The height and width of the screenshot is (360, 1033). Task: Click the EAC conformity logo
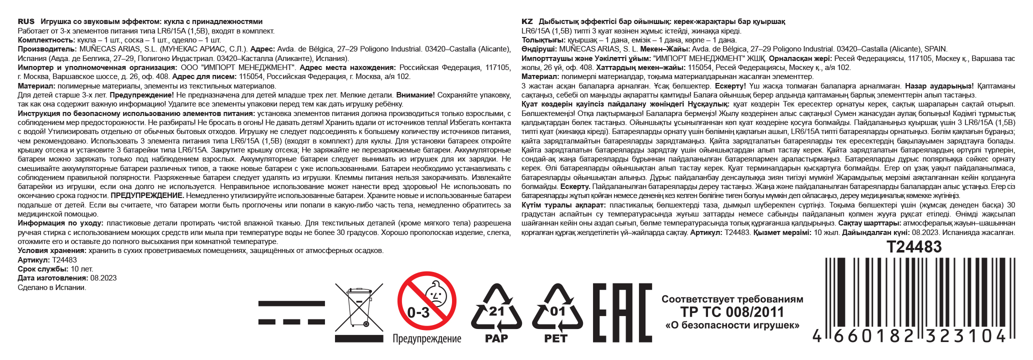click(x=622, y=312)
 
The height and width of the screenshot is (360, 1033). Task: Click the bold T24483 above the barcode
click(x=914, y=247)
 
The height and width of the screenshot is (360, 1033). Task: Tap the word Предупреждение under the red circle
click(x=426, y=339)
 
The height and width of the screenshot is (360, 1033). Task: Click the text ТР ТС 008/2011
click(x=732, y=312)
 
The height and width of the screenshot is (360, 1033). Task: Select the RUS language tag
click(x=26, y=21)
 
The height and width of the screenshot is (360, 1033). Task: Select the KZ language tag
click(x=527, y=21)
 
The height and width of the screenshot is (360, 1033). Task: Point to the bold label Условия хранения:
click(x=52, y=250)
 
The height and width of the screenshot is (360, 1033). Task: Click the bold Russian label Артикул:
click(x=33, y=260)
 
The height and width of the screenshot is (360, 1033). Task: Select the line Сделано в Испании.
click(x=52, y=287)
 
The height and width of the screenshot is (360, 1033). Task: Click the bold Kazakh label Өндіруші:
click(x=539, y=49)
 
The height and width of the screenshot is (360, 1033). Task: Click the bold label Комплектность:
click(x=46, y=40)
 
